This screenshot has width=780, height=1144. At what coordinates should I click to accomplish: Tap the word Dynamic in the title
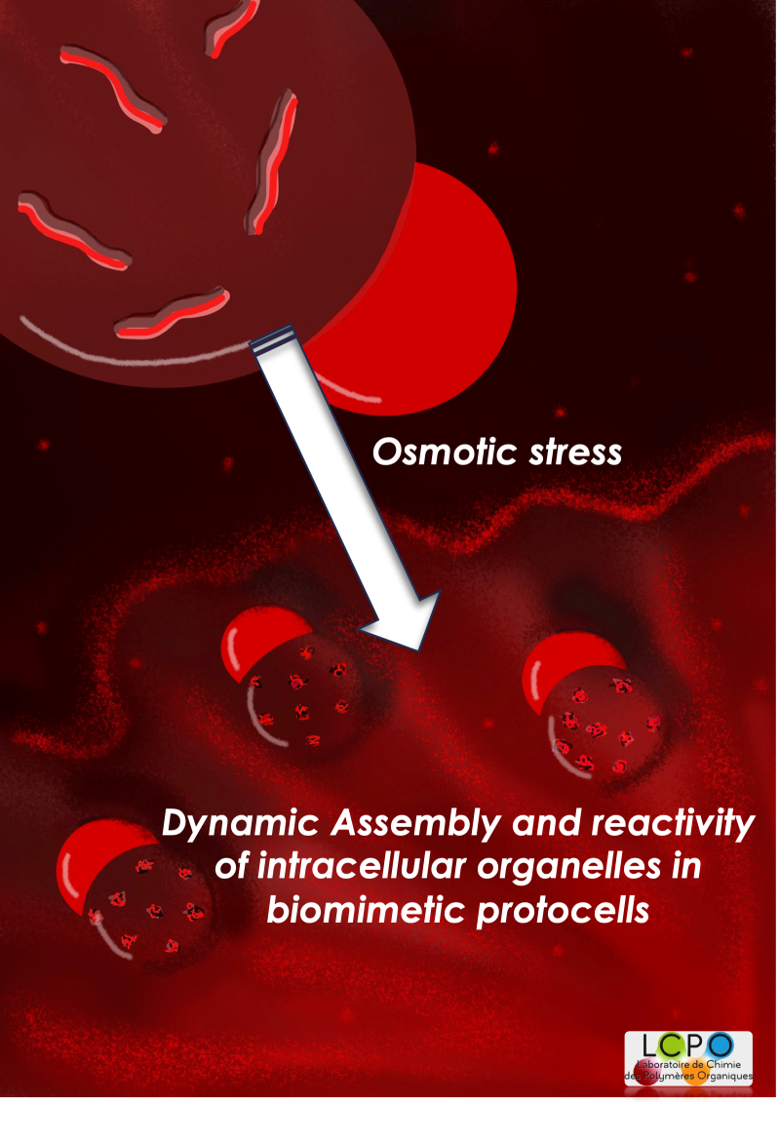(241, 824)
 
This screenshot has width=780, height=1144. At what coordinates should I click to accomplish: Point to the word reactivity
(673, 824)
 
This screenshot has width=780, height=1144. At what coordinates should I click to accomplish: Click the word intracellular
(362, 866)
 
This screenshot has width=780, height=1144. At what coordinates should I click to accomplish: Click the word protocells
(564, 912)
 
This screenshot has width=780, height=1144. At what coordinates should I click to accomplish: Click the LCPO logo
(688, 1058)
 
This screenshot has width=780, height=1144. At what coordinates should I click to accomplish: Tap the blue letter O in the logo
(721, 1045)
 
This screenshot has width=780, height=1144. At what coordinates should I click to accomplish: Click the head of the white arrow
(408, 620)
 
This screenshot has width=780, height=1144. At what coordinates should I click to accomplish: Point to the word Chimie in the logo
(722, 1064)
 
